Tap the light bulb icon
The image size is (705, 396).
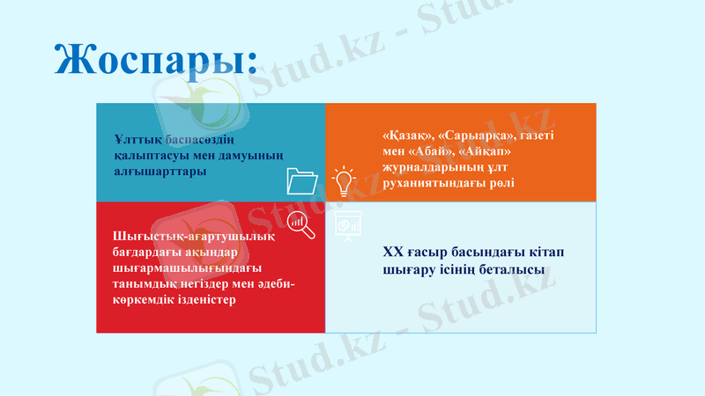coord(344,181)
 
